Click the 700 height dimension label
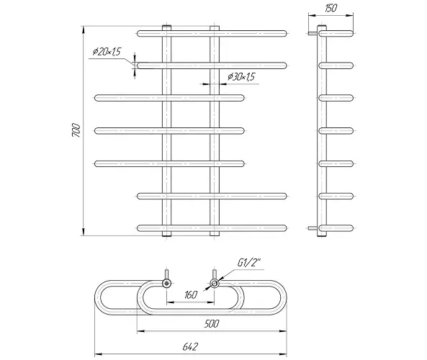76,130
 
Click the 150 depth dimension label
331,8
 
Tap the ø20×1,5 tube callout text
107,51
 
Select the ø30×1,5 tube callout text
241,77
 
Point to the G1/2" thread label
249,263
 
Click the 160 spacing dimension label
190,294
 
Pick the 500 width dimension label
211,323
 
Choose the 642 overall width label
190,347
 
